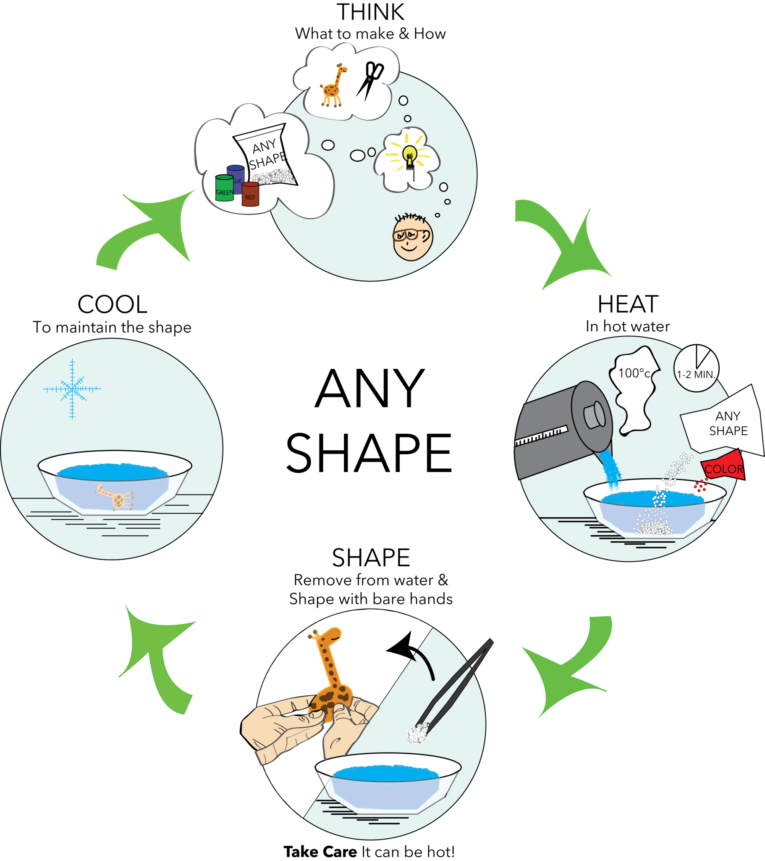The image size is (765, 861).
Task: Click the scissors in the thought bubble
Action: (370, 80)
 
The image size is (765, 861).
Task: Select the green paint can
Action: (224, 188)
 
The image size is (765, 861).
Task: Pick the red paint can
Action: (250, 194)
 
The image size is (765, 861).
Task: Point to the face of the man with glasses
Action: (412, 238)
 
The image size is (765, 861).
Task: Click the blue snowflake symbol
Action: (72, 388)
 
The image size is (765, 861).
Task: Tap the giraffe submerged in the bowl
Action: (116, 497)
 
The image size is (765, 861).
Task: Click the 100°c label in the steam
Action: (634, 373)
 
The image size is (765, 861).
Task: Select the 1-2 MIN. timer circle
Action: (696, 369)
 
